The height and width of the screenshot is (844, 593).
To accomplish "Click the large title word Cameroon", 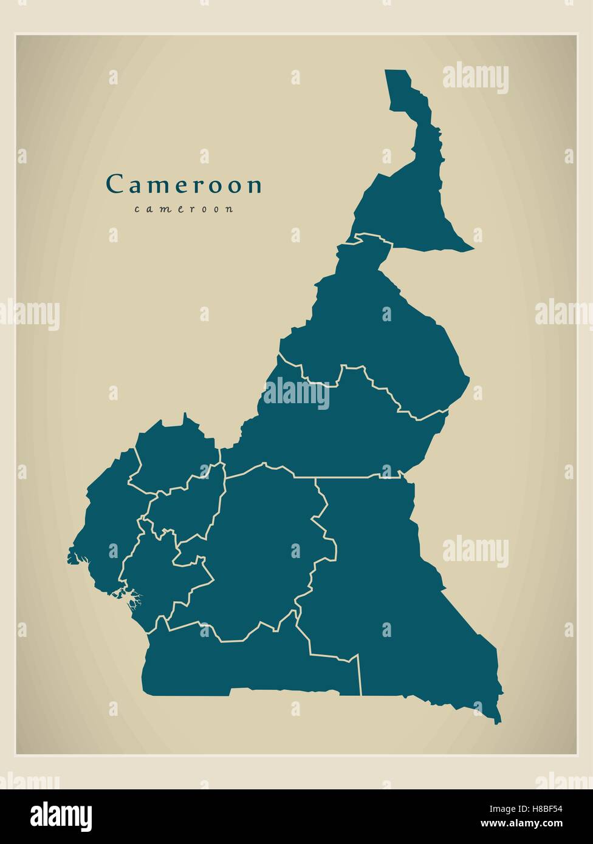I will pyautogui.click(x=184, y=185).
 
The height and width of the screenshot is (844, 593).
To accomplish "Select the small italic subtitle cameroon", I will pyautogui.click(x=184, y=209).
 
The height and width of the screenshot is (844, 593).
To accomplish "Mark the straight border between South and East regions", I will pyautogui.click(x=360, y=674).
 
